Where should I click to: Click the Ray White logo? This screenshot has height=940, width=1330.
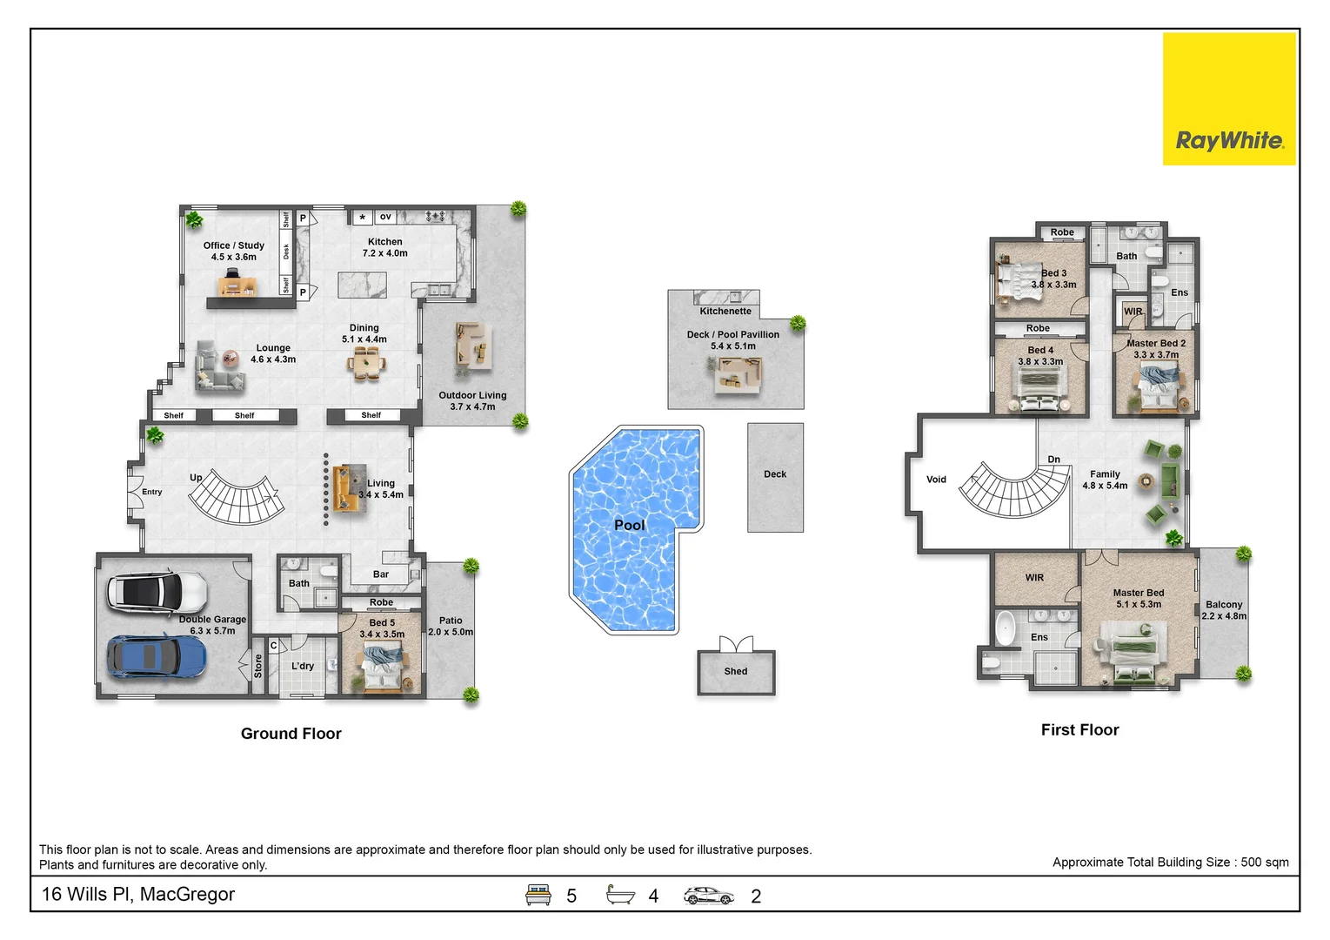pos(1229,98)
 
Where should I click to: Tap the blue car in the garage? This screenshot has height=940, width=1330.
pos(157,657)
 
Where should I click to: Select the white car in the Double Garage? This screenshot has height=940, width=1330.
pos(157,593)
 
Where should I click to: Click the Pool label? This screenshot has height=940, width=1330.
pos(630,525)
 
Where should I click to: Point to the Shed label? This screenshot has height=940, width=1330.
pos(736,671)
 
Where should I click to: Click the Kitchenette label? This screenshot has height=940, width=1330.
pos(725,312)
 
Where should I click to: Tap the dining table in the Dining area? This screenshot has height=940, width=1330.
pos(366,363)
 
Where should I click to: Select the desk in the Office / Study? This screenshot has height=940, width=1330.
pos(237,285)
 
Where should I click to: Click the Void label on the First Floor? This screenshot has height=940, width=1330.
pos(936,480)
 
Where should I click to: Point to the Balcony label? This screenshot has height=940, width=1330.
pos(1224,604)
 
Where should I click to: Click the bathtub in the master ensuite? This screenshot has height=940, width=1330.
pos(1005,628)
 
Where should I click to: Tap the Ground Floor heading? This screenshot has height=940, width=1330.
pos(291,734)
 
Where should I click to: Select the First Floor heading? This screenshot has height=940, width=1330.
pos(1079,730)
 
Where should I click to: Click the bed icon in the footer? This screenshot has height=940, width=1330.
pos(538,895)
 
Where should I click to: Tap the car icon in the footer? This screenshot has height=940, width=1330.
pos(708,896)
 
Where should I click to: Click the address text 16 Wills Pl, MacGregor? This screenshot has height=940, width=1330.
pos(137,894)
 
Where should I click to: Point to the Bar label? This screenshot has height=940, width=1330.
pos(381,574)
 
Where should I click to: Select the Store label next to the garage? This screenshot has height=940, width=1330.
pos(258,666)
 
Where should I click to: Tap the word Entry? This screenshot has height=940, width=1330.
pos(151,492)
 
